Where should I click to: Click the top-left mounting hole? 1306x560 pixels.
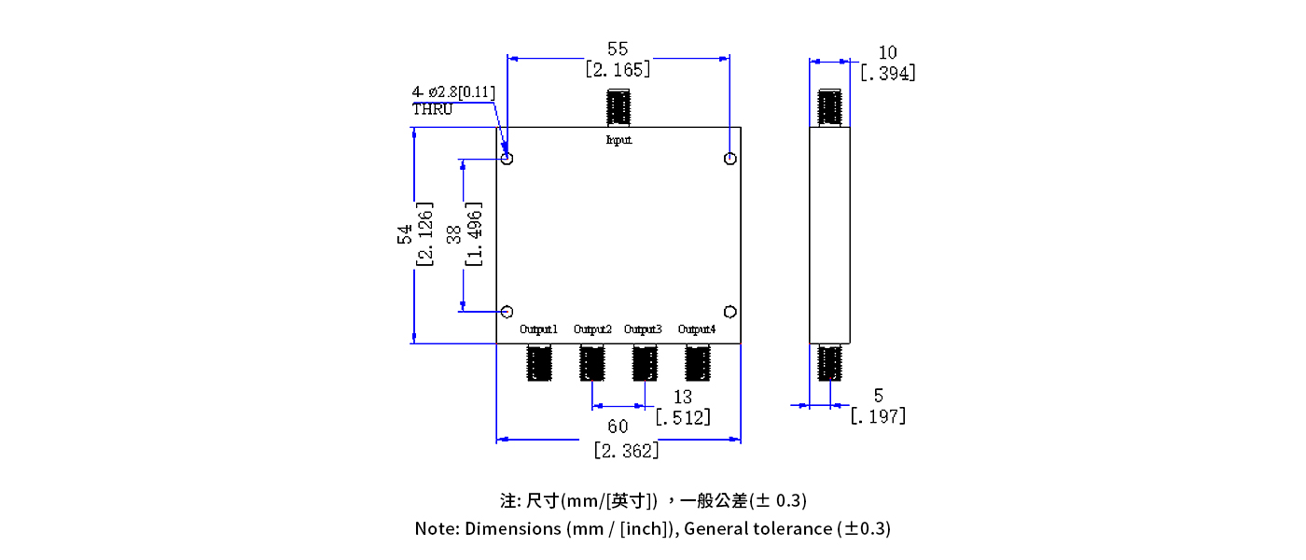(x=507, y=159)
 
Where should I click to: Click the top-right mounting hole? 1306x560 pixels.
(x=730, y=159)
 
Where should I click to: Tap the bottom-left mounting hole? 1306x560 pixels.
(x=507, y=312)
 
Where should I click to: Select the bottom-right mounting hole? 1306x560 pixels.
(x=730, y=312)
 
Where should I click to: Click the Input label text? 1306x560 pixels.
(x=618, y=140)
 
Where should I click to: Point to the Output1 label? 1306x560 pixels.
(x=538, y=329)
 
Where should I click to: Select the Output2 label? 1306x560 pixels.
(x=592, y=329)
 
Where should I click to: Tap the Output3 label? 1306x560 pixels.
(x=643, y=329)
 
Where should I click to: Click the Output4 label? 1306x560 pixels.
(x=697, y=329)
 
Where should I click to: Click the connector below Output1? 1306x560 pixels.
(x=540, y=362)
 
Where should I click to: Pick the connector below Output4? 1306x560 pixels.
(x=698, y=362)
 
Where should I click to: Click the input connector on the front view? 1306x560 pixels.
(x=618, y=107)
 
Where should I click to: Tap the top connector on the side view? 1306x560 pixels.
(x=829, y=107)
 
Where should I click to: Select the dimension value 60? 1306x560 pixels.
(x=618, y=427)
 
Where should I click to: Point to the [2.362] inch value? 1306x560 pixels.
(x=627, y=450)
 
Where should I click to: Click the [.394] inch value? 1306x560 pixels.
(x=887, y=73)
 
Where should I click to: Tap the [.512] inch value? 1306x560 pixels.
(x=683, y=417)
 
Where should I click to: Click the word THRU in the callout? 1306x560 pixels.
(x=432, y=108)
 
